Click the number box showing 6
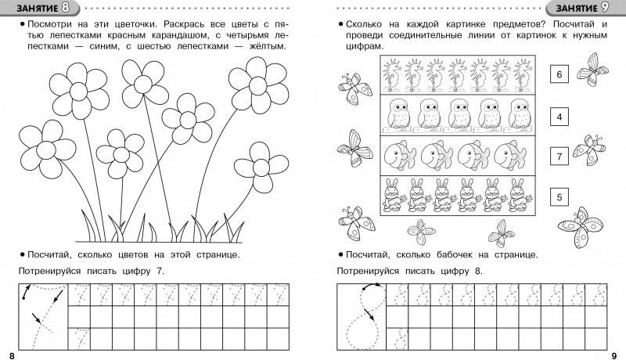coord(558,75)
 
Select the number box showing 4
coord(558,117)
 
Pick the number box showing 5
coord(558,198)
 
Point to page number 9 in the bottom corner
coord(615,354)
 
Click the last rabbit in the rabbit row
coord(517,195)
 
